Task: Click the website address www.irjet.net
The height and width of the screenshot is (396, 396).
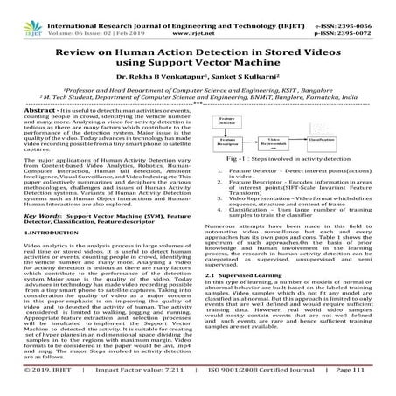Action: click(x=199, y=17)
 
